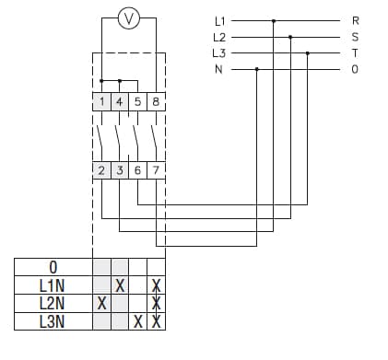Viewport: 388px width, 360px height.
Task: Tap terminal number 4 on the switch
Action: [x=120, y=101]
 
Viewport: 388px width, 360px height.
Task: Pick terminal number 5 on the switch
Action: [x=137, y=101]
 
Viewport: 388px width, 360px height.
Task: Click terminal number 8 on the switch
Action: [x=156, y=101]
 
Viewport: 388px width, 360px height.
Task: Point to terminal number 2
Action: [x=102, y=170]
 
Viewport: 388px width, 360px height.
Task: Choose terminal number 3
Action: [x=120, y=170]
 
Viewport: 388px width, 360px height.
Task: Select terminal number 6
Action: [x=137, y=170]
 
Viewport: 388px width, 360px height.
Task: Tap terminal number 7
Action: [x=156, y=170]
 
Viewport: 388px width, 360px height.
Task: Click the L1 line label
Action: [x=218, y=20]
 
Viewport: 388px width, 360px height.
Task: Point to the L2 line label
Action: [x=218, y=37]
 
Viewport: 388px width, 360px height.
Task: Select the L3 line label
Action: [x=218, y=53]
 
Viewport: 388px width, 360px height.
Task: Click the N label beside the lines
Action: [x=218, y=69]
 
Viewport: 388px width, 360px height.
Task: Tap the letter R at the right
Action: [x=356, y=20]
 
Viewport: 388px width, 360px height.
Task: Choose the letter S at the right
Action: [x=356, y=37]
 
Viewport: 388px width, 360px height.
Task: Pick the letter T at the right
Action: [x=356, y=53]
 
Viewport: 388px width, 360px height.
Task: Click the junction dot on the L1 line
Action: [x=274, y=20]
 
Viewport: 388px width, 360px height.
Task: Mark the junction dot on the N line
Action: [x=256, y=69]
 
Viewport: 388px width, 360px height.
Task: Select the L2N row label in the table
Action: [x=53, y=303]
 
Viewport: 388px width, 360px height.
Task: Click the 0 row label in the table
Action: [x=53, y=268]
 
